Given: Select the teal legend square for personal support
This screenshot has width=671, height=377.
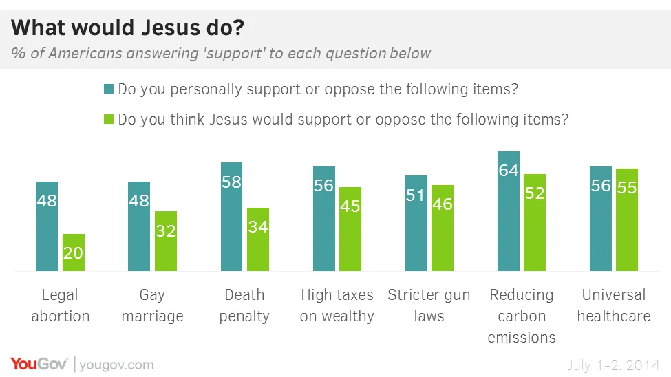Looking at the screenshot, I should pyautogui.click(x=108, y=89).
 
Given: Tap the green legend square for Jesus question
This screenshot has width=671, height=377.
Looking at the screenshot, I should pyautogui.click(x=108, y=119).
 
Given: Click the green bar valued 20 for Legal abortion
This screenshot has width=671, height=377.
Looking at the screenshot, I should pyautogui.click(x=73, y=252).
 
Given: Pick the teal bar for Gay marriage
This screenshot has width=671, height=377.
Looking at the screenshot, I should pyautogui.click(x=139, y=226).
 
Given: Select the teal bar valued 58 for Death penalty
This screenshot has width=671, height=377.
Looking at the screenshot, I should pyautogui.click(x=231, y=217).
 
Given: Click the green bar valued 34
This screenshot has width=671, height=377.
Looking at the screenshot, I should pyautogui.click(x=258, y=239).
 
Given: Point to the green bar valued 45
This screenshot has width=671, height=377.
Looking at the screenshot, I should pyautogui.click(x=350, y=229).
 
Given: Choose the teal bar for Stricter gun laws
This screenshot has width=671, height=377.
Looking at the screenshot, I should pyautogui.click(x=416, y=223).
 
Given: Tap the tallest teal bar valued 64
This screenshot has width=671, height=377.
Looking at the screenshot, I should pyautogui.click(x=508, y=211).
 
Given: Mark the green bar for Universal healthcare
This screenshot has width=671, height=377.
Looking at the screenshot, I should pyautogui.click(x=627, y=219).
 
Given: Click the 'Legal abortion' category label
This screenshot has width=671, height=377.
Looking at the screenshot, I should pyautogui.click(x=61, y=305).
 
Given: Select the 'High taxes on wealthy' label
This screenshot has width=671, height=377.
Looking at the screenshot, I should pyautogui.click(x=337, y=305).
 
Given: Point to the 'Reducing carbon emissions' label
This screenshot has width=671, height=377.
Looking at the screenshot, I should pyautogui.click(x=521, y=316).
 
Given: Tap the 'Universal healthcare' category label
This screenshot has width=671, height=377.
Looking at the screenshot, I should pyautogui.click(x=613, y=305).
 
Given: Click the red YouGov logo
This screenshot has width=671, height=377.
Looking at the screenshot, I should pyautogui.click(x=39, y=364).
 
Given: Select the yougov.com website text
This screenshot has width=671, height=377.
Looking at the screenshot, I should pyautogui.click(x=116, y=365).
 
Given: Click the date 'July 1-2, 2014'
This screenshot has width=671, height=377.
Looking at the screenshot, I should pyautogui.click(x=613, y=365).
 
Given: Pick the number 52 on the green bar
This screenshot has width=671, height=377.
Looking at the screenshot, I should pyautogui.click(x=535, y=193).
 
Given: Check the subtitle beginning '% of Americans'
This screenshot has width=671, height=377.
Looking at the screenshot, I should pyautogui.click(x=221, y=54).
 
